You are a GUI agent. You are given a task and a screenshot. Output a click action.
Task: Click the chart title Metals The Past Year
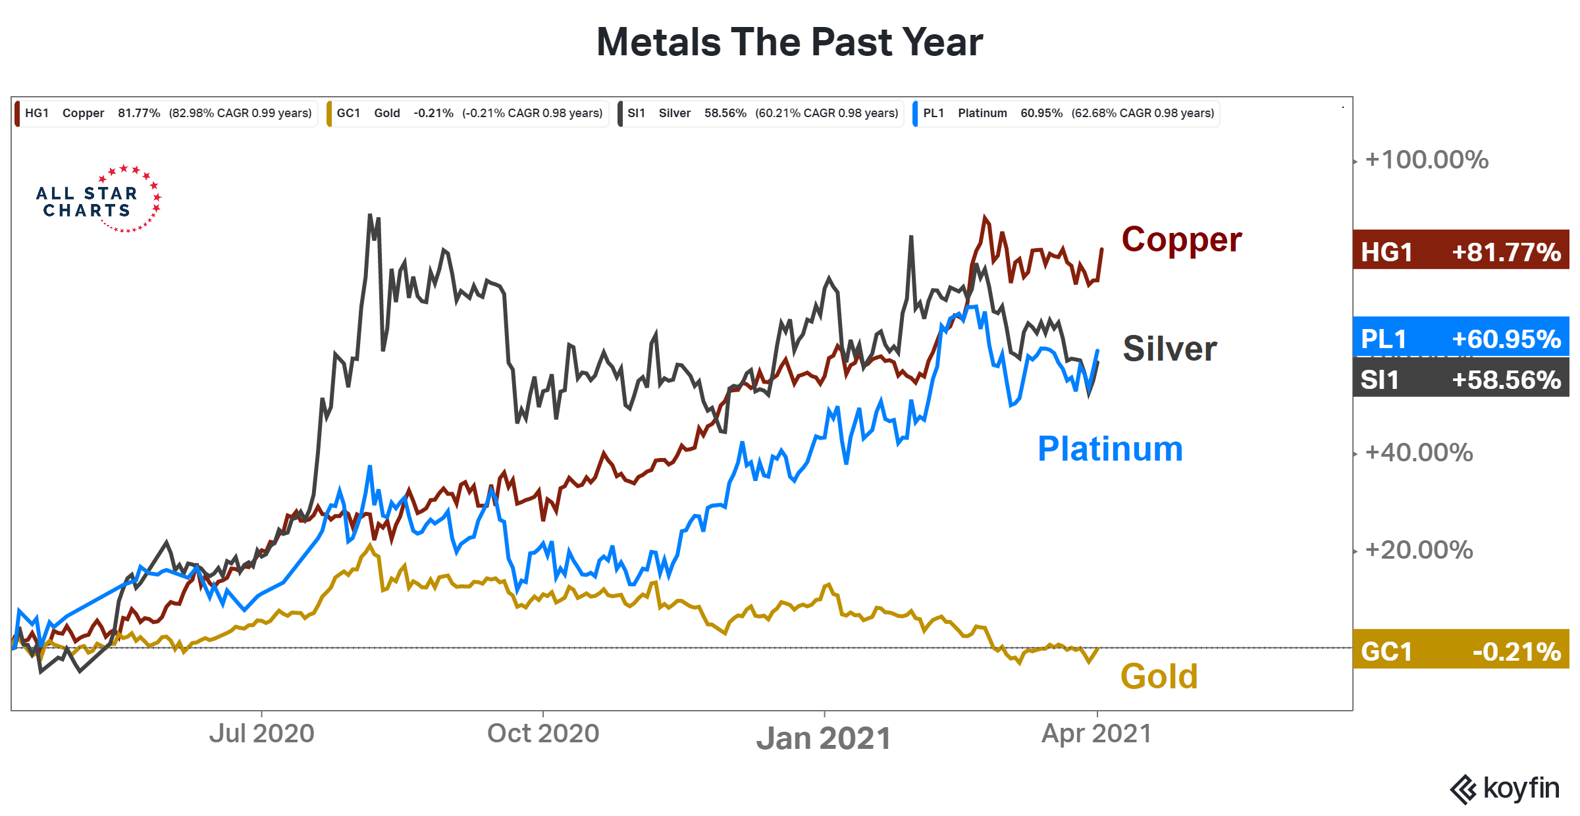pyautogui.click(x=789, y=43)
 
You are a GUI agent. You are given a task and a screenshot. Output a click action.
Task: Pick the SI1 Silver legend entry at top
pyautogui.click(x=762, y=113)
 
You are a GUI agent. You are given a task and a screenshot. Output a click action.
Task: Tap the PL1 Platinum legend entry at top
pyautogui.click(x=1066, y=113)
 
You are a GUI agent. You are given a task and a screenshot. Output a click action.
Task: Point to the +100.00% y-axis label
pyautogui.click(x=1426, y=160)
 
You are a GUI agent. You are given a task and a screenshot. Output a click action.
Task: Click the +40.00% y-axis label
pyautogui.click(x=1419, y=453)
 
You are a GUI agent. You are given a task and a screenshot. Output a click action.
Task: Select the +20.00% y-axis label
pyautogui.click(x=1419, y=550)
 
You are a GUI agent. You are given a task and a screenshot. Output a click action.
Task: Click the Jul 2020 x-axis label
pyautogui.click(x=261, y=733)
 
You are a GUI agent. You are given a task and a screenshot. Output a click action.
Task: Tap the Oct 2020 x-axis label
pyautogui.click(x=542, y=733)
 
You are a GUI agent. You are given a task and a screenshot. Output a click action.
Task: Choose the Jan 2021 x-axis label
pyautogui.click(x=823, y=738)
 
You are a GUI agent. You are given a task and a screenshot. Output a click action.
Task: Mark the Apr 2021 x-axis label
pyautogui.click(x=1096, y=733)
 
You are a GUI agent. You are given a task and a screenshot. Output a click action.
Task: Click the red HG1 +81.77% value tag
pyautogui.click(x=1461, y=251)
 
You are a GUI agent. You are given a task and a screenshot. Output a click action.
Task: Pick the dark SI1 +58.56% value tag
pyautogui.click(x=1461, y=380)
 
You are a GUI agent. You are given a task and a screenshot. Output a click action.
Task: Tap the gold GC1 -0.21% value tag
pyautogui.click(x=1461, y=651)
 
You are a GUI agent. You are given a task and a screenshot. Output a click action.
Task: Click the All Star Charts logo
pyautogui.click(x=99, y=199)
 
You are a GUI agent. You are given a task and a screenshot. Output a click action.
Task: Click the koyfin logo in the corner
pyautogui.click(x=1504, y=788)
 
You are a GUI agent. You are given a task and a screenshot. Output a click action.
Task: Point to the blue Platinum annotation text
pyautogui.click(x=1110, y=449)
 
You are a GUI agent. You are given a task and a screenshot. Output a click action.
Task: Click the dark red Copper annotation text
pyautogui.click(x=1181, y=240)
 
